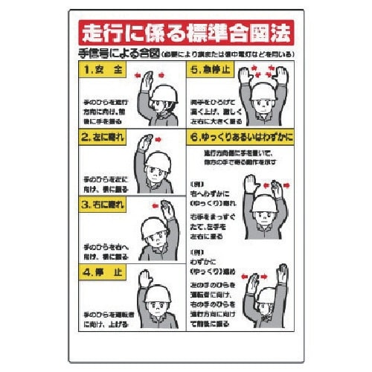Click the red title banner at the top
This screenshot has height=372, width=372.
[186, 33]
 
